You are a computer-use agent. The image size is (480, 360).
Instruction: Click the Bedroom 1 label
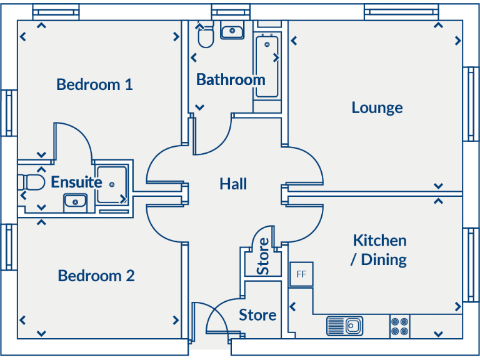pos(94,84)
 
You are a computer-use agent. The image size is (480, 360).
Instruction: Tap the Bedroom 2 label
pos(96,276)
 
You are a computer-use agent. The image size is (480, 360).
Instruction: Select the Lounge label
pos(377,107)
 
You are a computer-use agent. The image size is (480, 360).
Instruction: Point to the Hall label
pos(233,184)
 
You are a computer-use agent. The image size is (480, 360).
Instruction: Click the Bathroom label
pos(231,80)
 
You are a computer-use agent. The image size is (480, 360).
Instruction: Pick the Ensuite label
pos(76,182)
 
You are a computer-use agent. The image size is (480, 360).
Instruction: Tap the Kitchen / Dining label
pos(379,249)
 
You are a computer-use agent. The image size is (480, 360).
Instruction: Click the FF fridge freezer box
pos(301,274)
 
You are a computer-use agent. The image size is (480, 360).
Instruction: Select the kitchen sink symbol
pos(344,326)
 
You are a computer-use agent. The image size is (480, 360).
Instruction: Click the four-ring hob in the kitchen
pos(400,326)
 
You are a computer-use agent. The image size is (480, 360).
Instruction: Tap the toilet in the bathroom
pos(205,37)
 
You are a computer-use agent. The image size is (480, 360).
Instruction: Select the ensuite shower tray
pos(112,184)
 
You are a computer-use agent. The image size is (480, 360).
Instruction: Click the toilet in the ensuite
pos(31,182)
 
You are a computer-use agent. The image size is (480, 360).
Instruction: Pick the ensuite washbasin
pos(75,201)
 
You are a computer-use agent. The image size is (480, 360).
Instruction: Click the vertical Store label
pos(264,256)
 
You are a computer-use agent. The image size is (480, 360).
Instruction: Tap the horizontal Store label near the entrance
pos(257,315)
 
